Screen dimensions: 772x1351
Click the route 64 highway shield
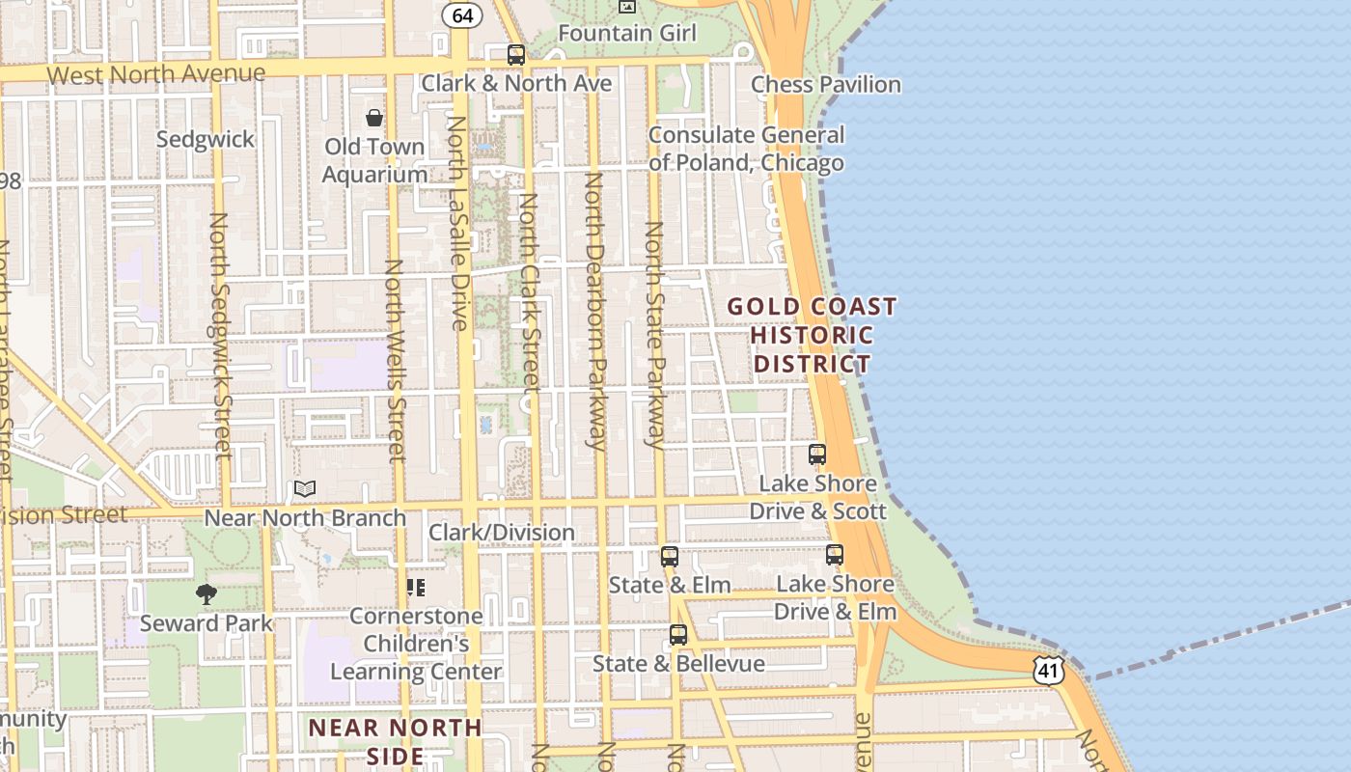[x=462, y=15]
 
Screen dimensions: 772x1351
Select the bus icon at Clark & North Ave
[x=516, y=55]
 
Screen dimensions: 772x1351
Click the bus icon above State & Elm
[x=670, y=557]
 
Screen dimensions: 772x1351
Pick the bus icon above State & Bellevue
[x=678, y=635]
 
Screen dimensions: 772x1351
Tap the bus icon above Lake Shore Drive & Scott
[x=817, y=455]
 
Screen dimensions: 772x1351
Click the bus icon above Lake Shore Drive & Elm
[x=835, y=555]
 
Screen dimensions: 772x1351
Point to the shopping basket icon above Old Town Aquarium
[x=374, y=119]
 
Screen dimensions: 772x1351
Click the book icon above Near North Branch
[x=305, y=489]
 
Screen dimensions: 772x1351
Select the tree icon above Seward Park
[x=206, y=594]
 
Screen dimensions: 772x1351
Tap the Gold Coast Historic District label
[x=812, y=335]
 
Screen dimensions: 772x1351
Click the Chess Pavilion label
[x=826, y=85]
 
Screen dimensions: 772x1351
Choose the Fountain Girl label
[x=627, y=33]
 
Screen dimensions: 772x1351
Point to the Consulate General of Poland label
[x=746, y=149]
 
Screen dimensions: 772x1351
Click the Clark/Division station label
[x=502, y=532]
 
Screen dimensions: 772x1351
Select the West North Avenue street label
[x=155, y=74]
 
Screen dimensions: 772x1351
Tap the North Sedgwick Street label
[x=219, y=335]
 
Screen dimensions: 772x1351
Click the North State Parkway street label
[x=655, y=335]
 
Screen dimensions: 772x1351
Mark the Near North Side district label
[x=396, y=740]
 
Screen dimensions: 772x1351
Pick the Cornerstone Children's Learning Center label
[x=416, y=644]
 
